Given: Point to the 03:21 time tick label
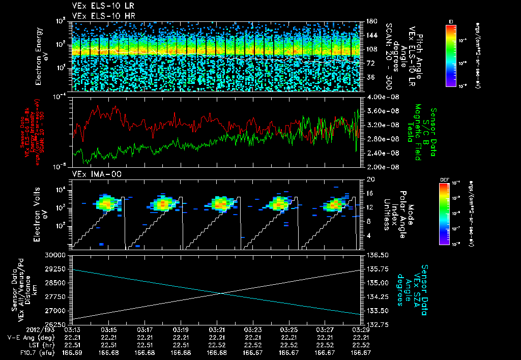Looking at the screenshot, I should pyautogui.click(x=217, y=330).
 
